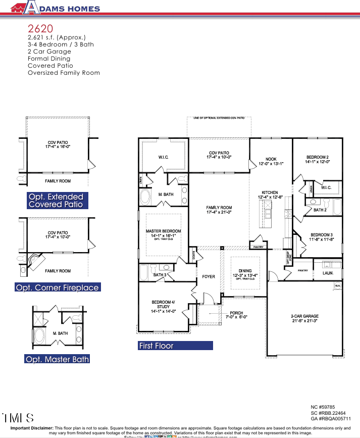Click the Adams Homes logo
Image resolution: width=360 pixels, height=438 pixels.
[x=55, y=8]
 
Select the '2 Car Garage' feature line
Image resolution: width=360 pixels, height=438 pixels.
[x=49, y=52]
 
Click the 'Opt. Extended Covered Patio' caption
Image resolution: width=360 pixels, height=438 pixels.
[x=57, y=201]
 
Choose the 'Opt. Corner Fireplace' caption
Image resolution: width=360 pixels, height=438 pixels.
[x=58, y=287]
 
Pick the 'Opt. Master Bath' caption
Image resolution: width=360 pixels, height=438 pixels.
[x=57, y=359]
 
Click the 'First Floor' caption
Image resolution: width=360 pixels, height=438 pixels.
[x=157, y=346]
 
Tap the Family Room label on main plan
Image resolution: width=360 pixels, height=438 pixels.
[x=219, y=208]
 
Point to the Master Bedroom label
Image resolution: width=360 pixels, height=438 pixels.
[x=163, y=231]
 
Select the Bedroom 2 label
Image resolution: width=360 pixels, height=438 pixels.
[x=318, y=157]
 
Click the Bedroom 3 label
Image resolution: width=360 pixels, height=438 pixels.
[x=321, y=235]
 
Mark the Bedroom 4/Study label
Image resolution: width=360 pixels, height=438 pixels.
[x=164, y=305]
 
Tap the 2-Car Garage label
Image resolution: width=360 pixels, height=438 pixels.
[x=304, y=316]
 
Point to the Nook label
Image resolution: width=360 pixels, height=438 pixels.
[x=271, y=159]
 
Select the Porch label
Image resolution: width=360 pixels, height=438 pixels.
[x=236, y=313]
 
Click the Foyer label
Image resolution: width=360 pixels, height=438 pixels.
[x=209, y=276]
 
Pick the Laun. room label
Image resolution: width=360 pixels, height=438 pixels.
[x=328, y=273]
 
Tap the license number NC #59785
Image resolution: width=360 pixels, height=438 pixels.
[x=323, y=406]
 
